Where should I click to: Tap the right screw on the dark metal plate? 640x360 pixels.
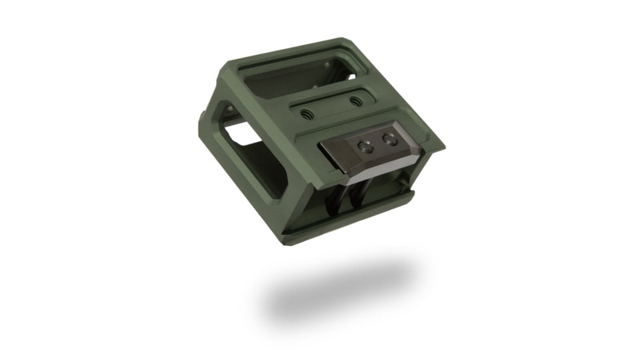tap(389, 139)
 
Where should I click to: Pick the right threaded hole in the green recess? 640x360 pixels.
tap(355, 101)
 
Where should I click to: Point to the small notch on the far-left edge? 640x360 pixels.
tap(202, 120)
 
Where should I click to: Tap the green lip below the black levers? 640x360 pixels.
tap(353, 216)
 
